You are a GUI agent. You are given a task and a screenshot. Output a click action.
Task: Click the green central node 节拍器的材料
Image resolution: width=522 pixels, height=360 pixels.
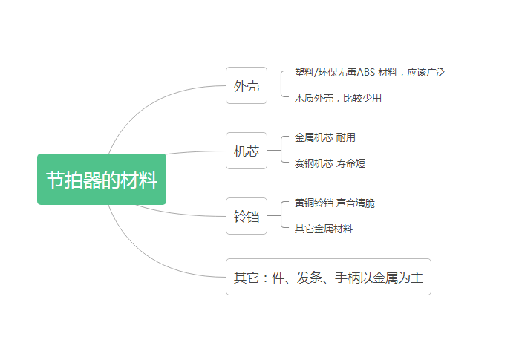102,180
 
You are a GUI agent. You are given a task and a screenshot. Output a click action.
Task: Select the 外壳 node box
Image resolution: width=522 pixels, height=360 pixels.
247,85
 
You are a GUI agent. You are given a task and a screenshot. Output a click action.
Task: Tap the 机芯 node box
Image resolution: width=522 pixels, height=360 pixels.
247,151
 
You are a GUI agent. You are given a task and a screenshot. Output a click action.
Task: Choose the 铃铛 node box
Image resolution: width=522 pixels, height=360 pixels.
247,216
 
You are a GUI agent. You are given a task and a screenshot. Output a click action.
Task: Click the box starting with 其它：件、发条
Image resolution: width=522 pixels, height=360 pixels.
328,277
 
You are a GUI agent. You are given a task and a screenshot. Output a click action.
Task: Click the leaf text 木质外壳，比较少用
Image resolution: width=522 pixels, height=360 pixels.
338,98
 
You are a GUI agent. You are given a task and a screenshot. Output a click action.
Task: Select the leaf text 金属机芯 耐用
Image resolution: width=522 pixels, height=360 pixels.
324,137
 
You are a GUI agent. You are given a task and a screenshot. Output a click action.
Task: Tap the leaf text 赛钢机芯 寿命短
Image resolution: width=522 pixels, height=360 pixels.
330,163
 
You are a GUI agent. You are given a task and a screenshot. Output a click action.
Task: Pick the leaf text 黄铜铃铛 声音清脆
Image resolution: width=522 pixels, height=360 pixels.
334,203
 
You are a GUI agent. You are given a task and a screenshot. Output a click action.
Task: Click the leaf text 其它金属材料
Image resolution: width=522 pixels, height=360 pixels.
323,229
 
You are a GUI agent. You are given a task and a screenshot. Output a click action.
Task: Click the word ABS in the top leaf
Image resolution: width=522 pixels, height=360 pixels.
365,72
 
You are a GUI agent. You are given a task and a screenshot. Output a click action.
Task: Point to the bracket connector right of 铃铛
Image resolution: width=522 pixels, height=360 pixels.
276,216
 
